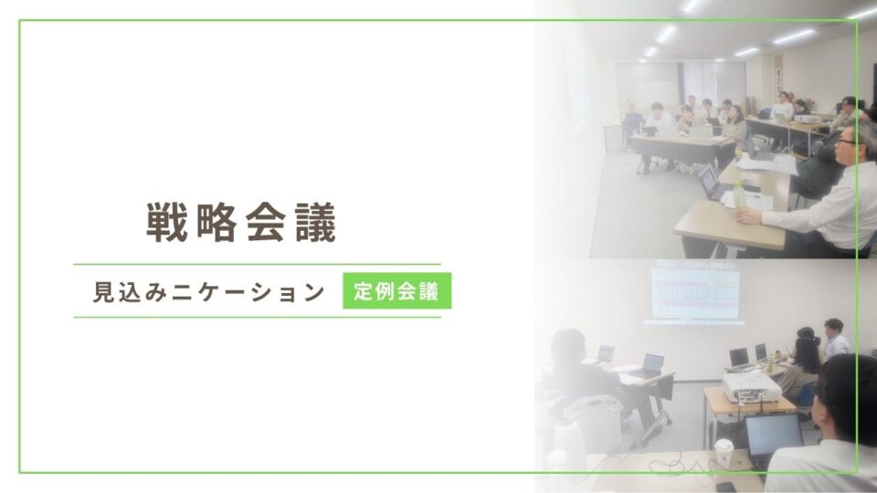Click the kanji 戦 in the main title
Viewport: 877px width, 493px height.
click(x=166, y=222)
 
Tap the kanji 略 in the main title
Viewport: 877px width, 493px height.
click(x=217, y=222)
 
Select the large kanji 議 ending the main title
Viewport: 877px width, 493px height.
click(x=316, y=222)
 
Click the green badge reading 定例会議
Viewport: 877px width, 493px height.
click(x=397, y=290)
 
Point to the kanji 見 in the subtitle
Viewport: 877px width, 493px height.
click(x=103, y=292)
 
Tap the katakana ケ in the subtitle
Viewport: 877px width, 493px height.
click(x=207, y=292)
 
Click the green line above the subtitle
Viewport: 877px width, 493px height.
click(x=258, y=264)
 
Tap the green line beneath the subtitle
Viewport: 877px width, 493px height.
click(x=258, y=317)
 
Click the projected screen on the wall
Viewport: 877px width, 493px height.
click(x=695, y=292)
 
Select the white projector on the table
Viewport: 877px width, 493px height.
click(x=751, y=387)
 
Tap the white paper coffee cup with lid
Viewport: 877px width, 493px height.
click(x=724, y=454)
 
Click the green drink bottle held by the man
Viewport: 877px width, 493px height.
click(x=739, y=195)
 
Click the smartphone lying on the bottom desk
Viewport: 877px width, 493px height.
click(x=725, y=487)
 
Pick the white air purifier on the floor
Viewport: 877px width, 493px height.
click(x=593, y=425)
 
